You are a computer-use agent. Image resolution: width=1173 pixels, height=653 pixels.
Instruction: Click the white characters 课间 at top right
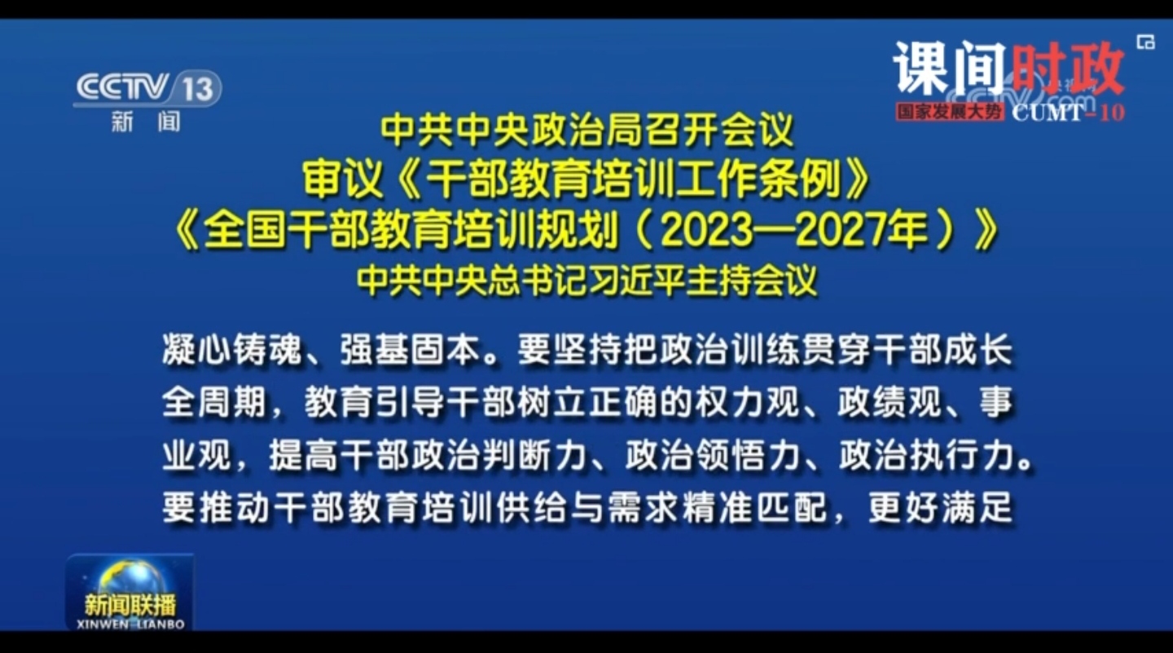pos(949,68)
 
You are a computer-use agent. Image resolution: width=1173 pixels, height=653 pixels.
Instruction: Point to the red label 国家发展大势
pos(949,112)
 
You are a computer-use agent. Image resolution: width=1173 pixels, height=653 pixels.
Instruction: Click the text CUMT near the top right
pos(1048,112)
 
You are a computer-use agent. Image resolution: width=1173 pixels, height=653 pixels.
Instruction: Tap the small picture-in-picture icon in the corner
pos(1146,42)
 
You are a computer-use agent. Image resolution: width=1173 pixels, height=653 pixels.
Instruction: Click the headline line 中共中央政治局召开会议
pos(587,130)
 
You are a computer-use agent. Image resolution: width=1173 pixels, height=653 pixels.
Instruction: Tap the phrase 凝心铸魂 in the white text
pos(232,348)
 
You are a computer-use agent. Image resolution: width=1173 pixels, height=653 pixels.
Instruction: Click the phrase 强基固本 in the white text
pos(411,348)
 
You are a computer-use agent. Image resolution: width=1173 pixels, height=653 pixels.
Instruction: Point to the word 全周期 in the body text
pos(215,402)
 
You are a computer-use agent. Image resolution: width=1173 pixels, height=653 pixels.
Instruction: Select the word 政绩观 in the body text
pos(890,402)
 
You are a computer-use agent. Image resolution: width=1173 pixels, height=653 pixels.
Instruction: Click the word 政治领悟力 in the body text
pos(714,455)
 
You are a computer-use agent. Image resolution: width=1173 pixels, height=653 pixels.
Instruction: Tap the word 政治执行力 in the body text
pos(927,455)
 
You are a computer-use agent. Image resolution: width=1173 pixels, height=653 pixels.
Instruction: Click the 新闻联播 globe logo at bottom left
pos(130,592)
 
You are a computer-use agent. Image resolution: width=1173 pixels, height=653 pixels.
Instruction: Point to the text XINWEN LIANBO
pos(130,625)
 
